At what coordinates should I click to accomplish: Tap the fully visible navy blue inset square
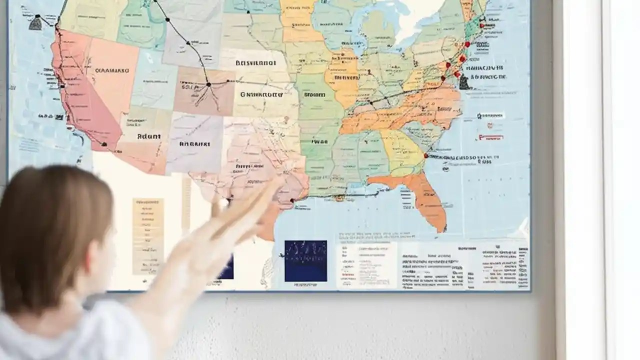click(305, 260)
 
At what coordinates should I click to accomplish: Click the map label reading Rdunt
click(149, 136)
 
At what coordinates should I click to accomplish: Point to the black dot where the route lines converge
click(208, 84)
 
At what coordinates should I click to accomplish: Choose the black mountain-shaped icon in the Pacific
click(35, 22)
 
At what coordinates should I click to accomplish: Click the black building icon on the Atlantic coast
click(464, 82)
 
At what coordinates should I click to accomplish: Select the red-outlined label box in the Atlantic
click(490, 137)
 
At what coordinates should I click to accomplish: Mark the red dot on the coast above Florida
click(426, 155)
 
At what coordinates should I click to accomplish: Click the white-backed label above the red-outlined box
click(490, 115)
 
